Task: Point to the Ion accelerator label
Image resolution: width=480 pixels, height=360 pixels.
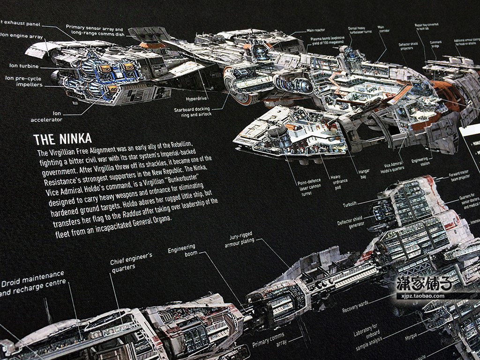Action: tap(46, 116)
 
